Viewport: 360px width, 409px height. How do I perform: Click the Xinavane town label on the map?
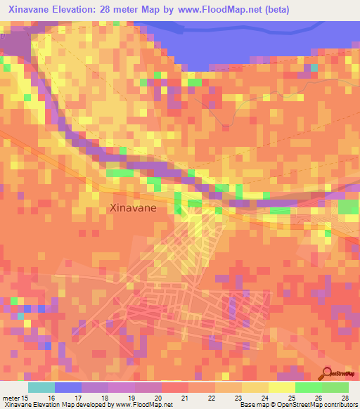coord(131,208)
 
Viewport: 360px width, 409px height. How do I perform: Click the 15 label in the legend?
coord(27,398)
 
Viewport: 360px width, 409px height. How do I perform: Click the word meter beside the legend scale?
coord(11,398)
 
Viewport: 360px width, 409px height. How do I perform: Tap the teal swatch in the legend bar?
coord(41,387)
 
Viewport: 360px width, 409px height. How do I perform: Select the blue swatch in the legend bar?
coord(68,387)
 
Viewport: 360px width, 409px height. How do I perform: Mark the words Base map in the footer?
coord(254,405)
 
